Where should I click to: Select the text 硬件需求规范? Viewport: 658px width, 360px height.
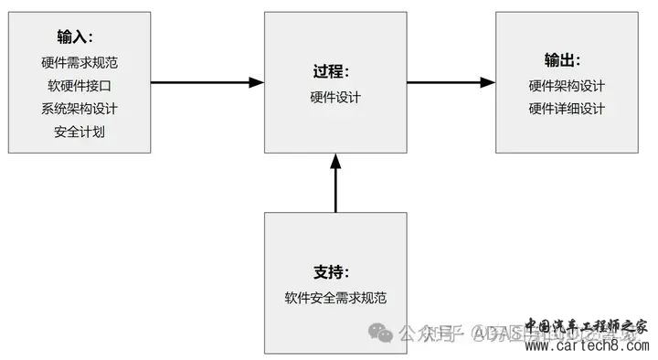(80, 64)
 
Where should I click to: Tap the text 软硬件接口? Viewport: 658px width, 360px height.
(80, 86)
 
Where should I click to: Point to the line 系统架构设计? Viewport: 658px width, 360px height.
(80, 108)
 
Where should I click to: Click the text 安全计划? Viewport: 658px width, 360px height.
(80, 130)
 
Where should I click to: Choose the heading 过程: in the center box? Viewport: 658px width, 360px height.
(334, 71)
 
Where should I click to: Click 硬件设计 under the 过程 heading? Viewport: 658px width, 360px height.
(335, 96)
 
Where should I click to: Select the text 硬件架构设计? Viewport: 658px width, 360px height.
(567, 86)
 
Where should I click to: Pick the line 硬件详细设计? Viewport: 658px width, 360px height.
(567, 108)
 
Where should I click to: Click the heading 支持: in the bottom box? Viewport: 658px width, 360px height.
(334, 272)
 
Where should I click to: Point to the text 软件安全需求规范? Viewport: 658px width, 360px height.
(335, 297)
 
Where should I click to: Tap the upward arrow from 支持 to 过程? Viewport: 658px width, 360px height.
(335, 187)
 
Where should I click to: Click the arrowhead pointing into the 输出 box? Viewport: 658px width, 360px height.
(488, 82)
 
